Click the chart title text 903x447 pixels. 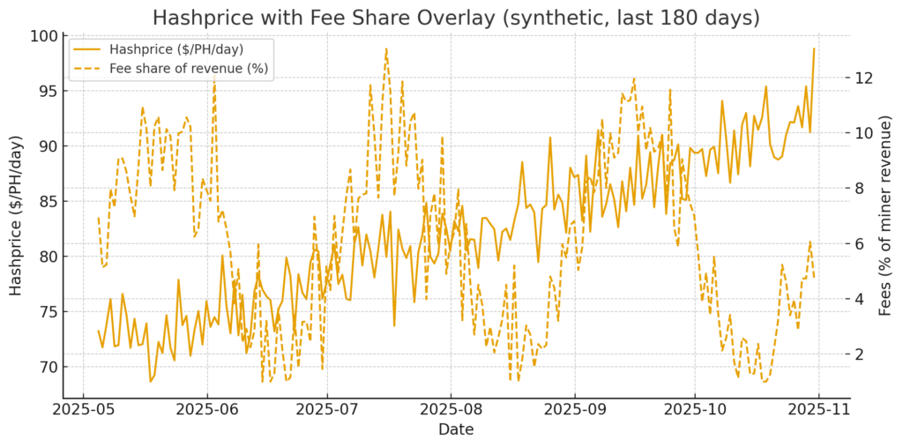point(456,18)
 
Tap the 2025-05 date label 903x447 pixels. point(83,410)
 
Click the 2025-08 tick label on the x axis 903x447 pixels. point(451,410)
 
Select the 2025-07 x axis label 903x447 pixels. point(327,410)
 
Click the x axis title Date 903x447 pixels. point(456,430)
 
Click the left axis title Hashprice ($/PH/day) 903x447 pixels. point(16,216)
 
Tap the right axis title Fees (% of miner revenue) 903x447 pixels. point(887,216)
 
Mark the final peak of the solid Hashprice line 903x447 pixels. point(814,48)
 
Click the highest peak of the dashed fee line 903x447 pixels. point(386,48)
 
